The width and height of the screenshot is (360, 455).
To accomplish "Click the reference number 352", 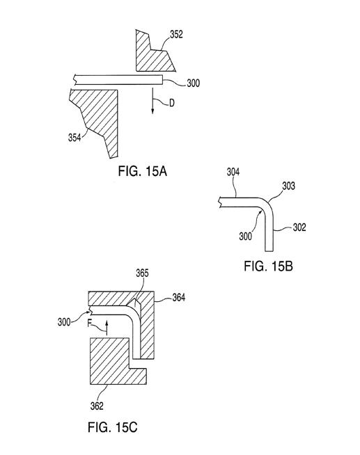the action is [x=176, y=34].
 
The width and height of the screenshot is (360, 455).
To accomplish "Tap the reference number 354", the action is [x=75, y=138].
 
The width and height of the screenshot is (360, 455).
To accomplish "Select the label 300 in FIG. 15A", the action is [x=193, y=83].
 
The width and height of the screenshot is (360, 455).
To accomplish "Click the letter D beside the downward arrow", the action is [x=172, y=103].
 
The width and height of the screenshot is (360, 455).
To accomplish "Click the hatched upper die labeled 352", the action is [x=153, y=55].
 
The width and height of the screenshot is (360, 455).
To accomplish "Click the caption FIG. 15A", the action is [x=142, y=171].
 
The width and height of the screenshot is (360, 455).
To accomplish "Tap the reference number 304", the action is [x=233, y=172].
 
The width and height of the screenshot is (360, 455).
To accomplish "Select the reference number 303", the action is [x=288, y=186].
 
